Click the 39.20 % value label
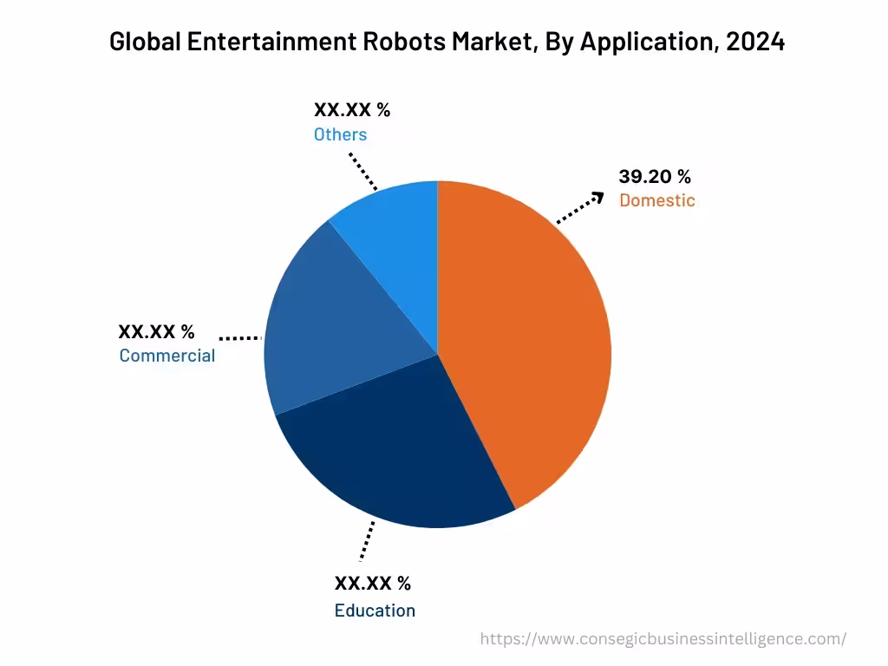655,177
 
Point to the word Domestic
656,200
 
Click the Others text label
340,134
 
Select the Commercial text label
166,356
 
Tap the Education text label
375,610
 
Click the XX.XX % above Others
352,110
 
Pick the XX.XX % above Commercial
156,331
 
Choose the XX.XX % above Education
372,583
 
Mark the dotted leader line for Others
363,172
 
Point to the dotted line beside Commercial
240,337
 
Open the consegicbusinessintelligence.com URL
663,639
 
